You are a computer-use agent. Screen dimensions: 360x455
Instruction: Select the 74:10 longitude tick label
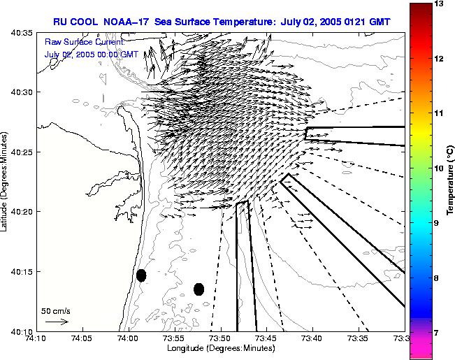(x=36, y=338)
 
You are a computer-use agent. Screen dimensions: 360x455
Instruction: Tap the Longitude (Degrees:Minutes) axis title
(x=219, y=349)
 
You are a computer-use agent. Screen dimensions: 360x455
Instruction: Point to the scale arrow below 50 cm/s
(x=57, y=322)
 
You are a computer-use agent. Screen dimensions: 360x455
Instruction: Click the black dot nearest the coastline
(x=141, y=275)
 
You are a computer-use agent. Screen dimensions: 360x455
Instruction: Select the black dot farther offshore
(x=198, y=289)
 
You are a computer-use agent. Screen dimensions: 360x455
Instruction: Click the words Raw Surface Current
(x=75, y=42)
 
